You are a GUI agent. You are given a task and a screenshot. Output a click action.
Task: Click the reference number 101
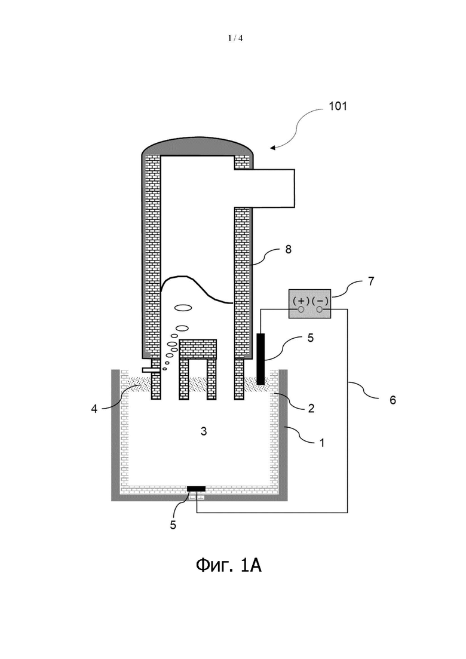click(x=338, y=106)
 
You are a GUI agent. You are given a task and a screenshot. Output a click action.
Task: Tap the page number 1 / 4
click(x=235, y=38)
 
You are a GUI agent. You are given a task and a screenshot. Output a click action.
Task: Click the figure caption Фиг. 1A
click(x=229, y=565)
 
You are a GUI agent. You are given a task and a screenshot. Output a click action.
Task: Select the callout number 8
click(x=288, y=249)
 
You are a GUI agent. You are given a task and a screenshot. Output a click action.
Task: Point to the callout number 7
click(x=371, y=281)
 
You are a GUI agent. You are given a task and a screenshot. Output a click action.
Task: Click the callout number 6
click(x=393, y=400)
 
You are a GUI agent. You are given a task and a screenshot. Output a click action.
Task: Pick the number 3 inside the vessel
click(x=204, y=431)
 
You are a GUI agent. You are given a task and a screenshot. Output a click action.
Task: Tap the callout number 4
click(x=94, y=409)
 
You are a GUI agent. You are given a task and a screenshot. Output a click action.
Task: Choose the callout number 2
click(x=311, y=408)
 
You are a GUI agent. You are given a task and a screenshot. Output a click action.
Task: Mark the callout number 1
click(x=322, y=443)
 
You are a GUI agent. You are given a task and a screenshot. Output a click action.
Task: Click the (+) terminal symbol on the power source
click(x=301, y=301)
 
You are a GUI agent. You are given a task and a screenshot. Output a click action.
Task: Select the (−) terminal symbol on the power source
click(x=320, y=301)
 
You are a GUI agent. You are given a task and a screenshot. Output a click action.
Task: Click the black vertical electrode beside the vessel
click(x=260, y=359)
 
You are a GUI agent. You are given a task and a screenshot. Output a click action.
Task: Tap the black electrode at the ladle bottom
click(x=196, y=488)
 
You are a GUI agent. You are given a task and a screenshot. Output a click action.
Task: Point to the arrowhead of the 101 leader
click(x=272, y=148)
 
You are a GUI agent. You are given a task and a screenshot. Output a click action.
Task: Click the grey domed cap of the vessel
click(x=198, y=146)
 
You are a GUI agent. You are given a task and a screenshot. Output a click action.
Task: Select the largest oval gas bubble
click(x=183, y=308)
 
